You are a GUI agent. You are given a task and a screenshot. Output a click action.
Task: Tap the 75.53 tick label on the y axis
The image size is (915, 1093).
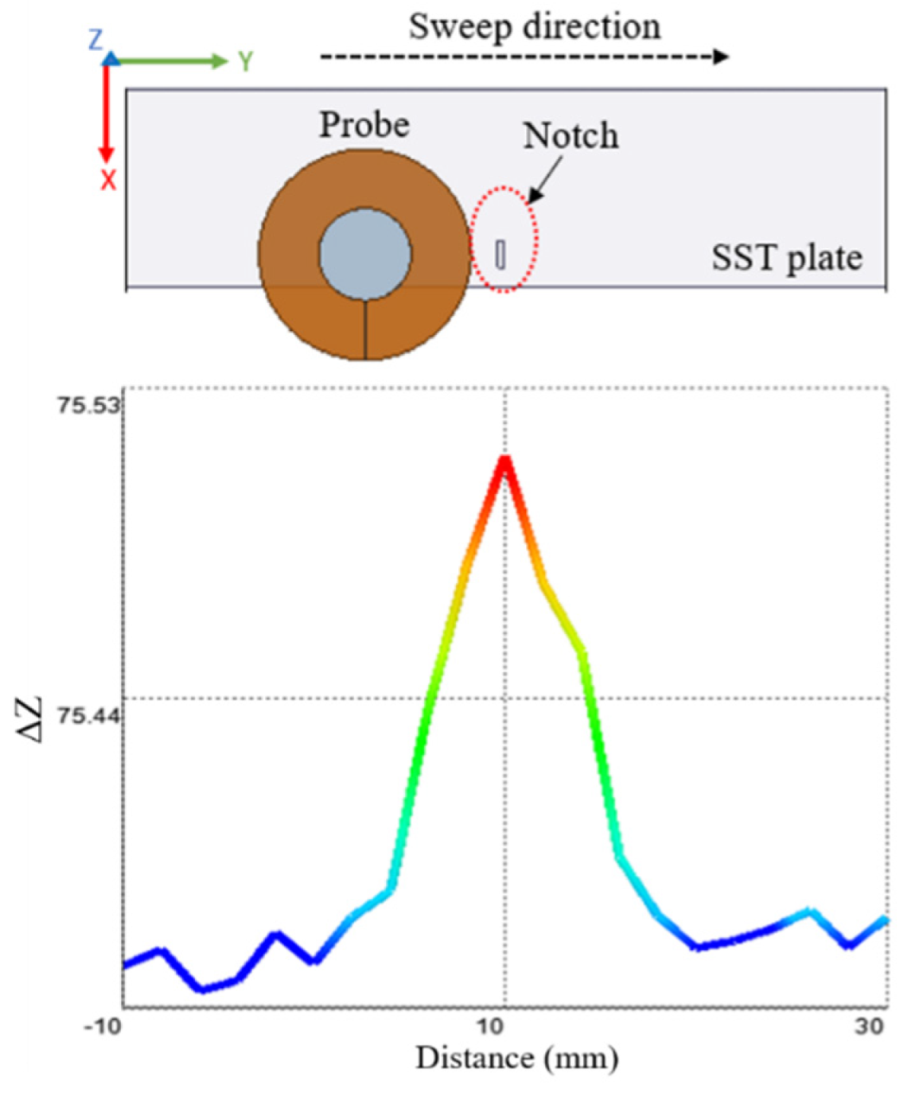coord(88,405)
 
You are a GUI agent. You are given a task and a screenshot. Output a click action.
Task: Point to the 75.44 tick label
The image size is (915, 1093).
coord(88,716)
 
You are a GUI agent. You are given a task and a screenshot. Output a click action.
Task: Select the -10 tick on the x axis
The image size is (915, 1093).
coord(103,1026)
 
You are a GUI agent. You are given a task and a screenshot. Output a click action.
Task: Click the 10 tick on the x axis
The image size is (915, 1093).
coord(491,1026)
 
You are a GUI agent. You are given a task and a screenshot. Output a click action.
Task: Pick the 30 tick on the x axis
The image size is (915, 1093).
coord(870,1026)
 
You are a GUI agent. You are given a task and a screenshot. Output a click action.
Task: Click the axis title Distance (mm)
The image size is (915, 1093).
coord(516,1058)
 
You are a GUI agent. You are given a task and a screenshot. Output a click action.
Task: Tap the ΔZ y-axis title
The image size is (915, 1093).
coord(30,719)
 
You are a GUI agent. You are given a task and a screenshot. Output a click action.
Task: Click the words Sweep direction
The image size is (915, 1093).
coord(534,26)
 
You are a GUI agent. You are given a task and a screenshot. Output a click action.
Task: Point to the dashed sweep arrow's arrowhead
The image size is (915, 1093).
coord(721,56)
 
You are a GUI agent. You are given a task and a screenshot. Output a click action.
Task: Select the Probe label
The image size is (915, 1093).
coord(364,124)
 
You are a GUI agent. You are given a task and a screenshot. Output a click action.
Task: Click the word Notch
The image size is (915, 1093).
coord(570,135)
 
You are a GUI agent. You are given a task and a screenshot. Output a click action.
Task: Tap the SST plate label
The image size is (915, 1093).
coord(786,258)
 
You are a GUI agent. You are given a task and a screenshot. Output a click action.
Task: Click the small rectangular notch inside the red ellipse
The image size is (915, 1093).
coord(500,254)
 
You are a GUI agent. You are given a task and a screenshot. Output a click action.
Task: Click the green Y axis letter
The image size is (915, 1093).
coord(245,61)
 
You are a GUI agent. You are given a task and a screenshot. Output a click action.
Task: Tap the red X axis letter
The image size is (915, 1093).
coord(108,181)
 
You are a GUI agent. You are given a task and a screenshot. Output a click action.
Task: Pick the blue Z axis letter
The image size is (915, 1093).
coord(95,39)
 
